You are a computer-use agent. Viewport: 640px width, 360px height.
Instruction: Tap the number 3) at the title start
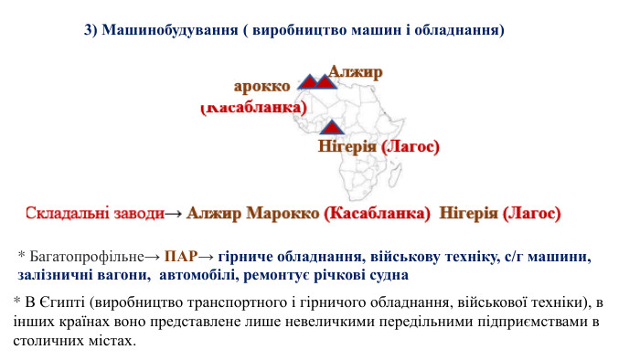click(91, 30)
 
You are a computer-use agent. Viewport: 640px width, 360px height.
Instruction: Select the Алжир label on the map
click(356, 71)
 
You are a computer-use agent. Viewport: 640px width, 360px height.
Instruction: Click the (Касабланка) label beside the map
click(253, 108)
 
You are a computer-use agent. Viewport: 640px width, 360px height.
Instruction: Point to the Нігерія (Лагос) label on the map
click(379, 146)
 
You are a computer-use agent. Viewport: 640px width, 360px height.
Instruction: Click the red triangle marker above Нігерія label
click(331, 127)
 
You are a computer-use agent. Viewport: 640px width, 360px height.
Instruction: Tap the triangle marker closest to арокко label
click(309, 82)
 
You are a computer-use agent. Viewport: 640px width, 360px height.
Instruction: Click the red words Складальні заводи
click(94, 213)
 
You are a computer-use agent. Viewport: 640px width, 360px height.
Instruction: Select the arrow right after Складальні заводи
click(174, 214)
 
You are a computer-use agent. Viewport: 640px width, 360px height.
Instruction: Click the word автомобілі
click(197, 273)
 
